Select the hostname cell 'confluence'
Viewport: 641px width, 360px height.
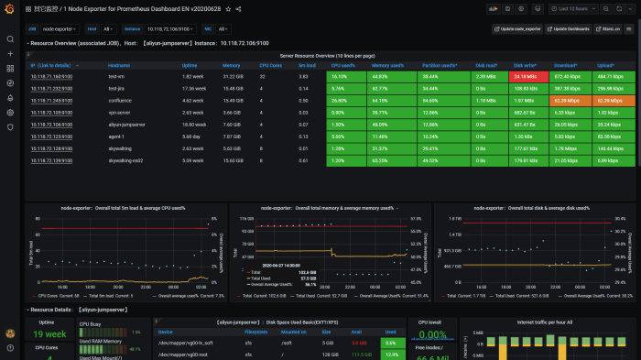[x=119, y=100]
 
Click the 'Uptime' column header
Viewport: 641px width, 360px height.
[x=190, y=65]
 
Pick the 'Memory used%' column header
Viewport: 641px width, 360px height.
[x=389, y=65]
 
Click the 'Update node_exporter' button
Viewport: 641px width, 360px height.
[x=518, y=29]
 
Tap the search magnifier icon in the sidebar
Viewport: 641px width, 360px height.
[x=10, y=39]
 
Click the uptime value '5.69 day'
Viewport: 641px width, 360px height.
[x=192, y=136]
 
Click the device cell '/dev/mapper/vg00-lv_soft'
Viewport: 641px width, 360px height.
[x=185, y=343]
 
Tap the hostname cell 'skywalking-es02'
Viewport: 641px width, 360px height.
[x=125, y=159]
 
